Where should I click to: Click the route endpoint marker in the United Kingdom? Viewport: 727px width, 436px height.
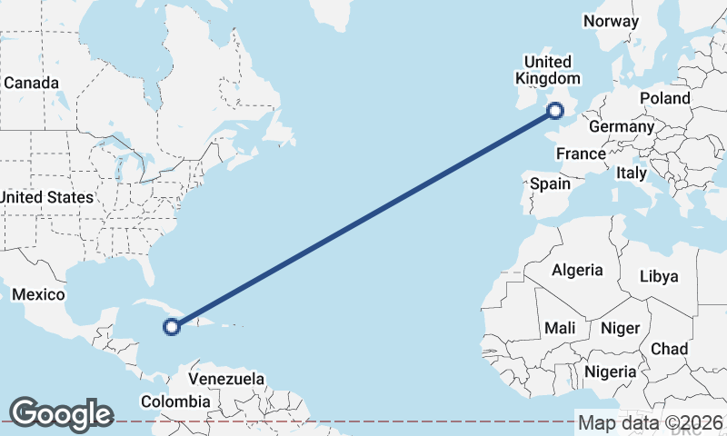pos(555,112)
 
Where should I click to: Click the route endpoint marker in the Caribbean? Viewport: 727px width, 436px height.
pos(170,326)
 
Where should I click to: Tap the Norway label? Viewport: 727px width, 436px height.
pos(612,21)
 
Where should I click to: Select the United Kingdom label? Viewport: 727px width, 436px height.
pos(547,70)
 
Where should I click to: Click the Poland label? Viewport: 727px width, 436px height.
pos(664,98)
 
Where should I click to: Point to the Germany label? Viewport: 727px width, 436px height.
pos(621,126)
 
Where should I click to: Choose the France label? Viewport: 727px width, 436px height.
pos(581,154)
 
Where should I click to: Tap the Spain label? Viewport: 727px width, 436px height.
pos(550,183)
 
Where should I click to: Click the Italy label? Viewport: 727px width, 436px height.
pos(631,173)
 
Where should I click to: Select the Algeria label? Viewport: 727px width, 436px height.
pos(577,270)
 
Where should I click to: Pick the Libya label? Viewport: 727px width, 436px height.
pos(659,276)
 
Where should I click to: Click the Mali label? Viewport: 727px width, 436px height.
pos(560,327)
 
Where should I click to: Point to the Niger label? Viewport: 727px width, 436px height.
pos(621,328)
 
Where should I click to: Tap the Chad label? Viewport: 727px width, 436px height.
pos(669,349)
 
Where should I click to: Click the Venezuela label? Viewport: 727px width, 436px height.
pos(226,379)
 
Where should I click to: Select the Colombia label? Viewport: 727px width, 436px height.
pos(174,401)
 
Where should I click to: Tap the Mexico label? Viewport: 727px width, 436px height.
pos(38,294)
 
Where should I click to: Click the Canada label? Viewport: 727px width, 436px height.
pos(31,83)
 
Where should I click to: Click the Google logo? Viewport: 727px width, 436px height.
pos(61,414)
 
